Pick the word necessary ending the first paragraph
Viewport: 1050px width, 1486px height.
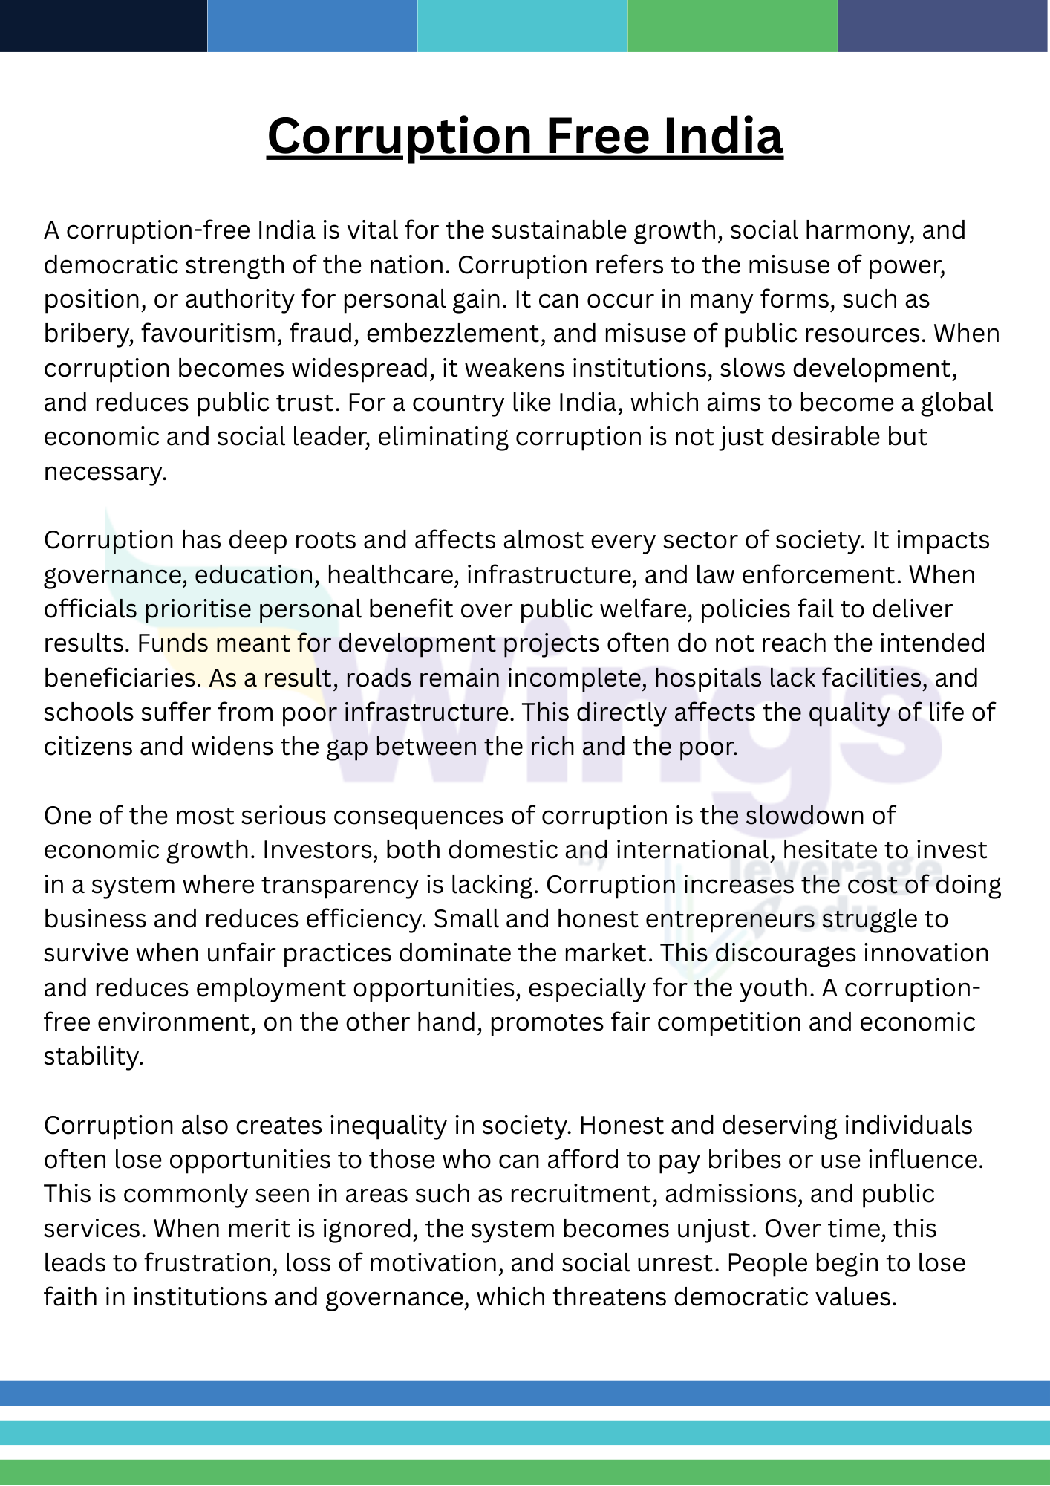tap(104, 472)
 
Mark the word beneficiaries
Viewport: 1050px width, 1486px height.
tap(122, 678)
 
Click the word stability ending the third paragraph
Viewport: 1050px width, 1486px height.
tap(93, 1056)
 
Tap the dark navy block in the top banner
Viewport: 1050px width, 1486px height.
tap(103, 25)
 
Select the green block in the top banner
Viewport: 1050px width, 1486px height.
tap(733, 25)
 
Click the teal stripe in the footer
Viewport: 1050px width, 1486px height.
tap(525, 1433)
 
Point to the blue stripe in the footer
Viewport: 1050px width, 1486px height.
tap(525, 1393)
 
